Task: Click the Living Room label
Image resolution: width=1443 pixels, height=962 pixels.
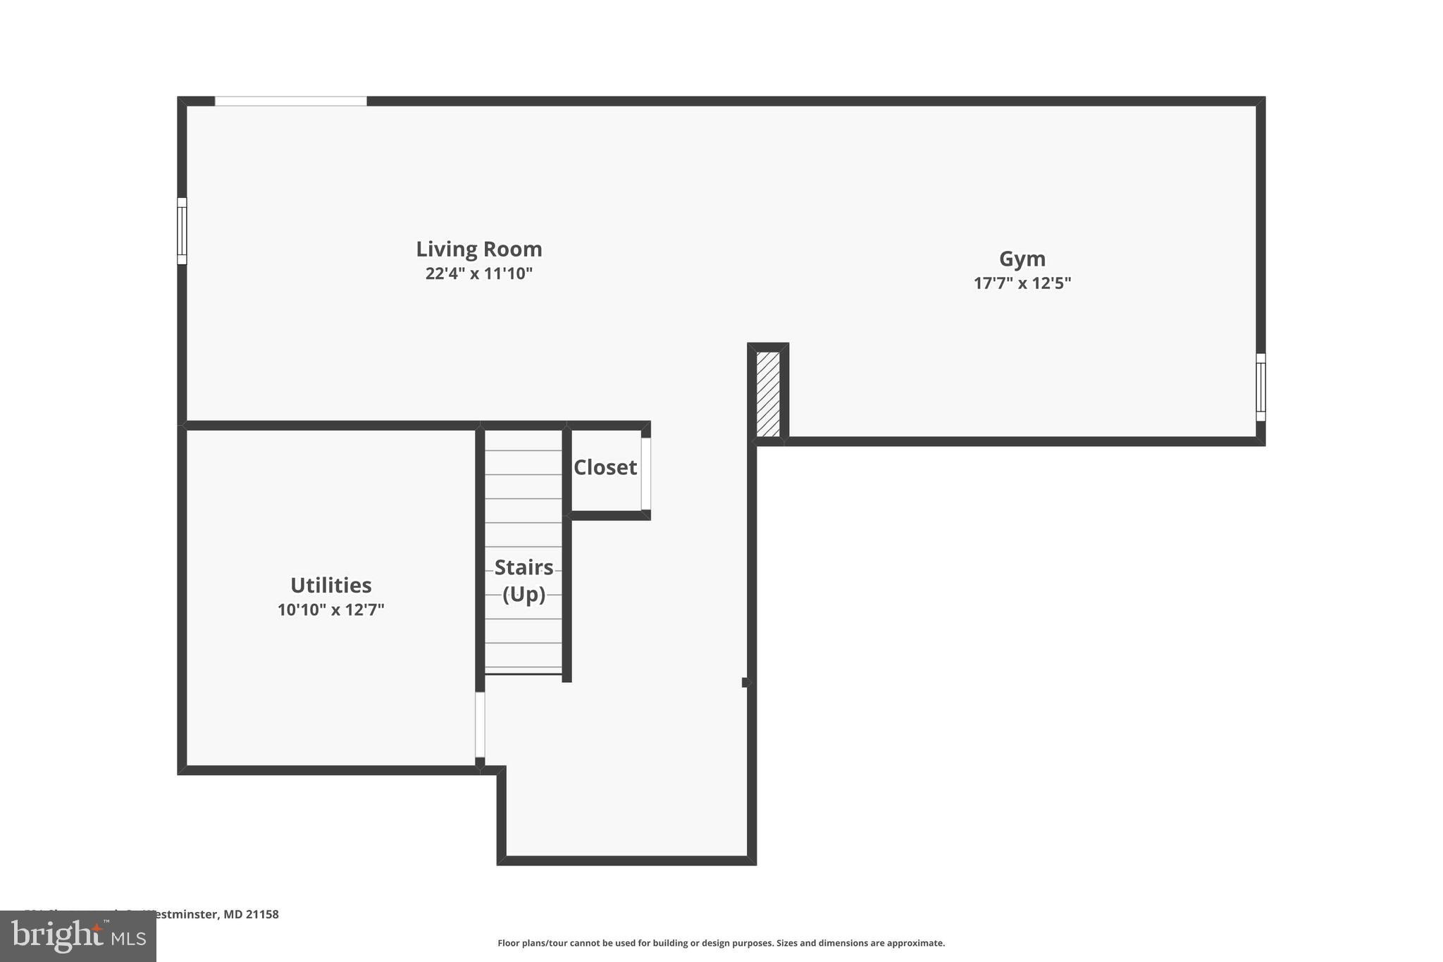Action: (478, 249)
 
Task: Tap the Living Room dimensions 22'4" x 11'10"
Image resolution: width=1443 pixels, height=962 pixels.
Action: (478, 273)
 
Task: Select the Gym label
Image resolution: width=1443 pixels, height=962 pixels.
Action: (1022, 259)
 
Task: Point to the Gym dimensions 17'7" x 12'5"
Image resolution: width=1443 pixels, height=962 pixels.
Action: (1022, 283)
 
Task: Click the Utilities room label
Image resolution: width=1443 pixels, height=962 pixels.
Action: (330, 586)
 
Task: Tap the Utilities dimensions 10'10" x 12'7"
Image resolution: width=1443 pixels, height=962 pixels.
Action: (330, 610)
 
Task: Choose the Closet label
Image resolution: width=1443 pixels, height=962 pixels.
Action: (605, 467)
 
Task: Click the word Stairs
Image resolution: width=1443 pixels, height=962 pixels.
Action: (524, 567)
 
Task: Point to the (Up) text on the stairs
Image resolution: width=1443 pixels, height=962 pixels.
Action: (524, 594)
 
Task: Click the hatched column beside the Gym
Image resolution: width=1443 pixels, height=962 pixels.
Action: (767, 394)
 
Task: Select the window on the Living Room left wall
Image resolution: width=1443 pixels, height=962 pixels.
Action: (182, 231)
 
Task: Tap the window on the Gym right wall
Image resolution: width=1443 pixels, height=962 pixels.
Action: (1261, 387)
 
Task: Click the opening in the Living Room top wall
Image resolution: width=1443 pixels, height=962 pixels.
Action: (290, 101)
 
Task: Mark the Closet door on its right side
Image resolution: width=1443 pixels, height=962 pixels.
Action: (645, 473)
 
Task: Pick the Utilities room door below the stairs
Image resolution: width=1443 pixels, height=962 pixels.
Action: (480, 724)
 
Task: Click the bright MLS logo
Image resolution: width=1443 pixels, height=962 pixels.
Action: (78, 936)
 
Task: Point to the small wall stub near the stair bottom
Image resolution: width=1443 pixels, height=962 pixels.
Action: (745, 682)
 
